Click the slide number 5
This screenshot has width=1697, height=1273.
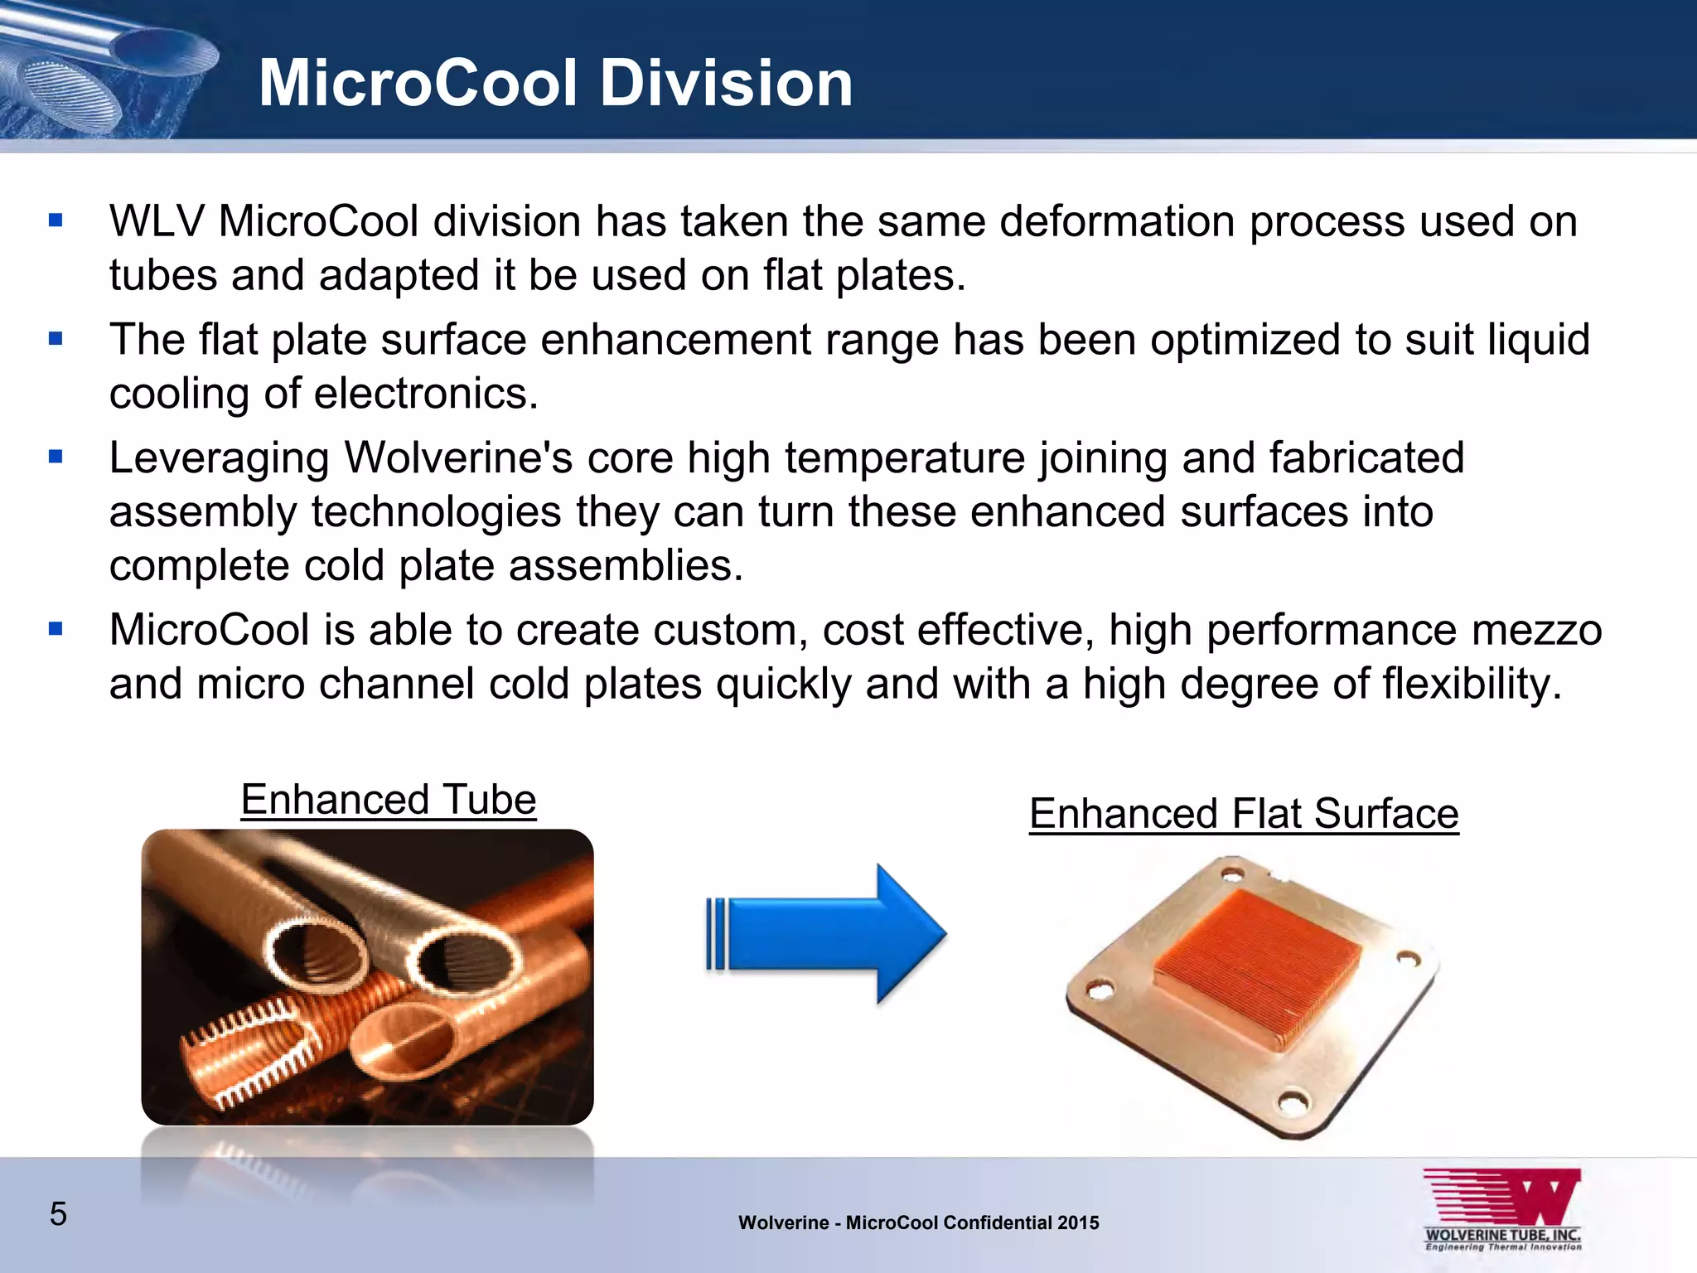pyautogui.click(x=58, y=1213)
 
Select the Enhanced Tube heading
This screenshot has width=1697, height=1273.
pyautogui.click(x=389, y=800)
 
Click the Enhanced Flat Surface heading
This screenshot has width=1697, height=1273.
pyautogui.click(x=1244, y=813)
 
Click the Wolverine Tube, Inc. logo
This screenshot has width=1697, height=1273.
pyautogui.click(x=1502, y=1210)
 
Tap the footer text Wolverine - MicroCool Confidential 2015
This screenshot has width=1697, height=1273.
pyautogui.click(x=919, y=1222)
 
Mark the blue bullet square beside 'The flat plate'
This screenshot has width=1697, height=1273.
pyautogui.click(x=56, y=338)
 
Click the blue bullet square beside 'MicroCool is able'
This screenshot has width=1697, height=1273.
pyautogui.click(x=56, y=628)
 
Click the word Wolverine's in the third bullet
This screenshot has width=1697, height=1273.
pyautogui.click(x=458, y=457)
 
